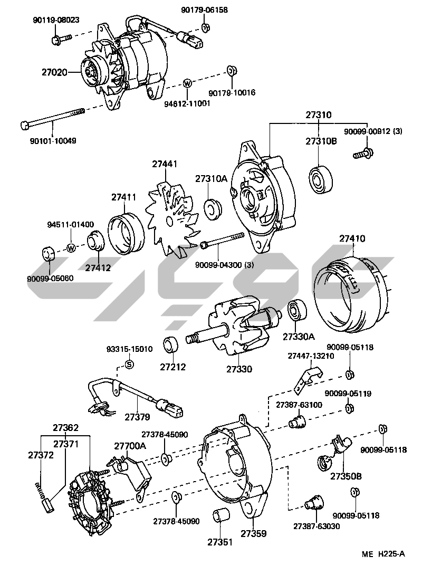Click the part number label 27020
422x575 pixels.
[x=54, y=72]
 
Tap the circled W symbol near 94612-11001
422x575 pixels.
[x=187, y=83]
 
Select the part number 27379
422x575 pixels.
[x=137, y=417]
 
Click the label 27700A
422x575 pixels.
[x=130, y=446]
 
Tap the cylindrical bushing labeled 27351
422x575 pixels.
[x=219, y=516]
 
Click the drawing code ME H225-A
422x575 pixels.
[x=383, y=554]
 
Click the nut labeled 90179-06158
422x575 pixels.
[x=206, y=27]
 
